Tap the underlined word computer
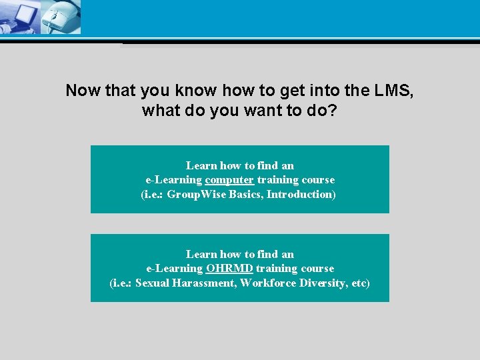tap(229, 180)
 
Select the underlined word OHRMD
tap(229, 269)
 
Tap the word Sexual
tap(153, 283)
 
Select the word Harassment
tap(205, 283)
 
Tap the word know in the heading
tap(199, 91)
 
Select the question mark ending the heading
tap(333, 110)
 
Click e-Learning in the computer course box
tap(174, 180)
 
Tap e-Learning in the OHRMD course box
tap(175, 269)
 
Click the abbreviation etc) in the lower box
tap(361, 283)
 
